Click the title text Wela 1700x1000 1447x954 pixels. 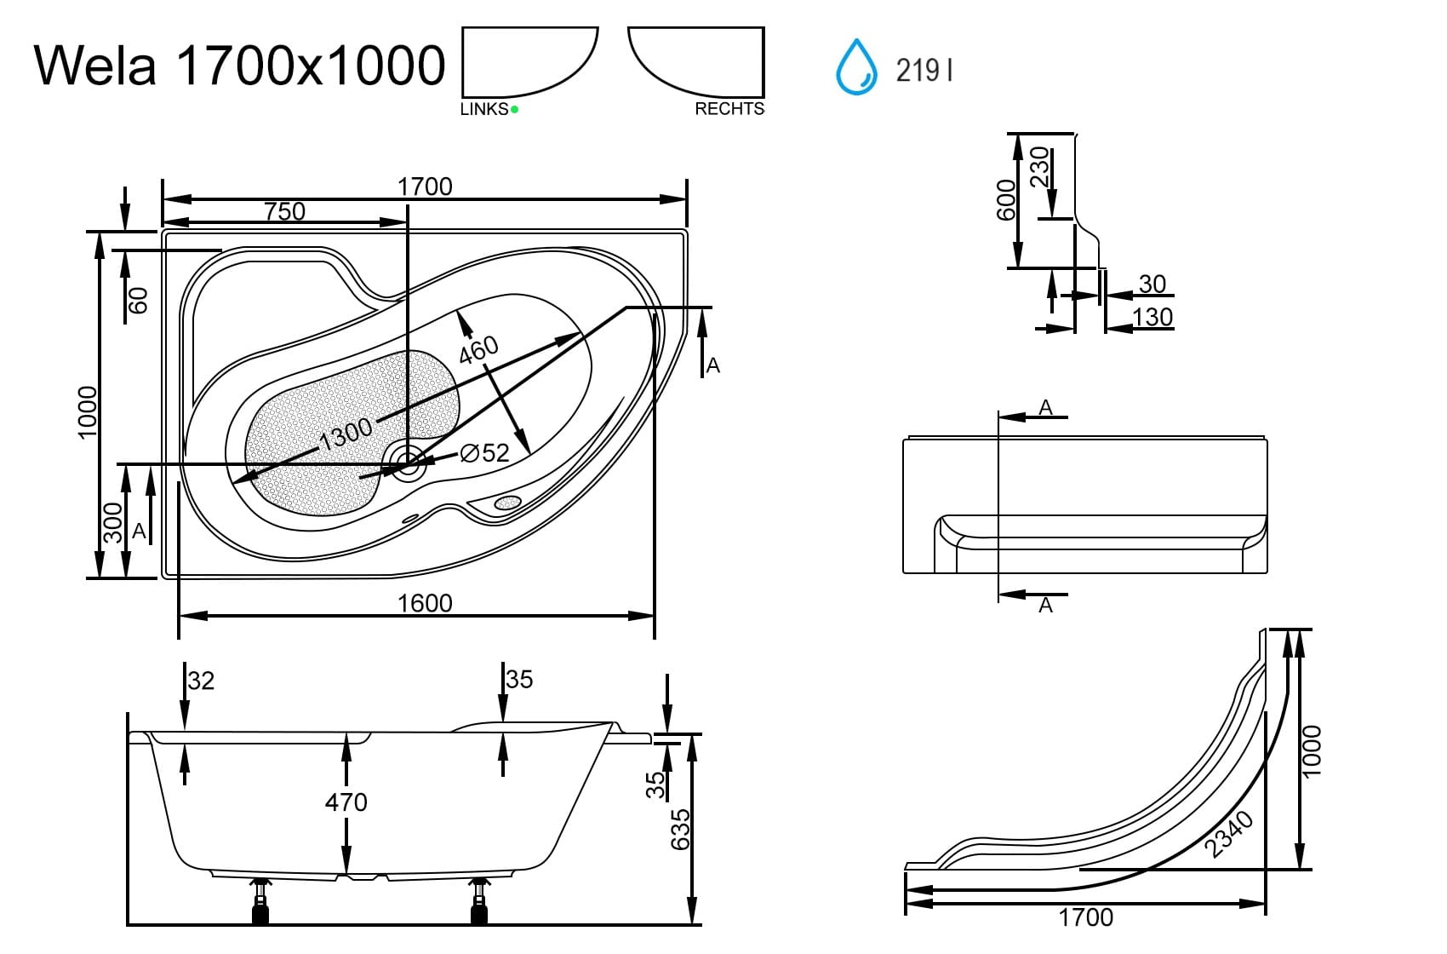(239, 65)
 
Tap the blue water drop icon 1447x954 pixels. (856, 66)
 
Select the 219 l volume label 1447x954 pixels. (924, 70)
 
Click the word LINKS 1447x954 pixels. (483, 109)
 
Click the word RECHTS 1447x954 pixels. (729, 109)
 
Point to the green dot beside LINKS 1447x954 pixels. (514, 109)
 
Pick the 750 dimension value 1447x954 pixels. (284, 210)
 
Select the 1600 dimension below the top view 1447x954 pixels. (425, 603)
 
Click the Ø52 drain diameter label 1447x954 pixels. (484, 453)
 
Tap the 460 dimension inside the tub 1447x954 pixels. (478, 349)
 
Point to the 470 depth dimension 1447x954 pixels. (346, 802)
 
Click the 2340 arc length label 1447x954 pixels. (1230, 834)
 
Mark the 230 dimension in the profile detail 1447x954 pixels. (1040, 167)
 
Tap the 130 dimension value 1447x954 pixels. (1152, 317)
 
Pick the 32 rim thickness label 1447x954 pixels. (201, 681)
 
